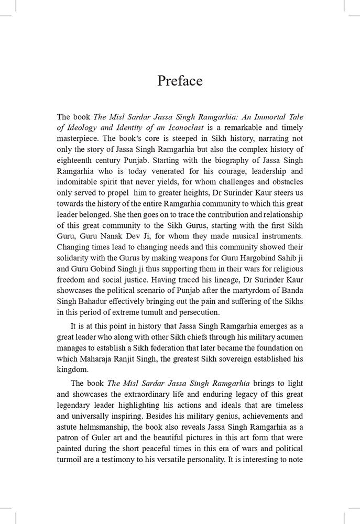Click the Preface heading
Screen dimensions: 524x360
pos(180,81)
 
